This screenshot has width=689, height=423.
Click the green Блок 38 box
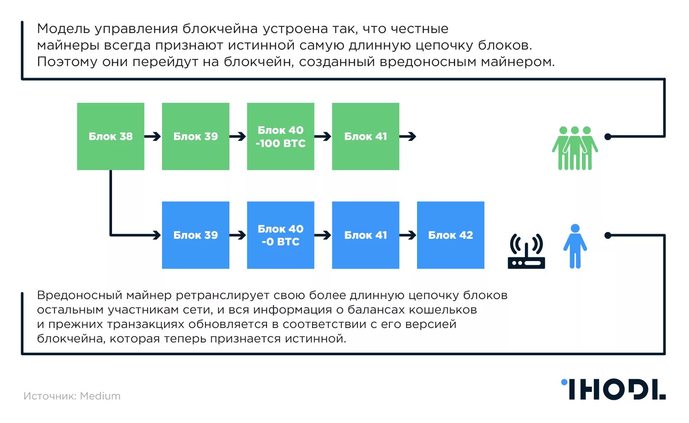[x=110, y=136]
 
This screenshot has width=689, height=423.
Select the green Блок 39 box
[x=195, y=136]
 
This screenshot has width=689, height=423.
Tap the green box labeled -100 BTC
[x=281, y=136]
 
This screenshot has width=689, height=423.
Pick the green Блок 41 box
[x=365, y=136]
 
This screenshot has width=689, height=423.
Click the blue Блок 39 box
[x=195, y=235]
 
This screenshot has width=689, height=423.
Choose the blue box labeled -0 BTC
[x=281, y=235]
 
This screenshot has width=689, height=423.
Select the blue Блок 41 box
[x=365, y=235]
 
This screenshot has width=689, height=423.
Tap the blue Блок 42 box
[x=451, y=235]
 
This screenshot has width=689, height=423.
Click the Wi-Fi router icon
[x=526, y=252]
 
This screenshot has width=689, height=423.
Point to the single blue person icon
[x=575, y=246]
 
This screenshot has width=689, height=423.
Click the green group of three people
[x=575, y=148]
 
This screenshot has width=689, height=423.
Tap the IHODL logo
[x=613, y=389]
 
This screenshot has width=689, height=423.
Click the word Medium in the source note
[x=100, y=396]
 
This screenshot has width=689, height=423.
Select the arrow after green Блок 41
[x=408, y=136]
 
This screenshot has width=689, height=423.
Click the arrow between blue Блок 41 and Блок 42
[x=408, y=235]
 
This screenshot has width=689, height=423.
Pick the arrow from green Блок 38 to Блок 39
[x=153, y=136]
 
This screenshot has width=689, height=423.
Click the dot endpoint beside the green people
[x=608, y=136]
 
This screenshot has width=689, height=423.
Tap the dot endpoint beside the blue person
[x=608, y=235]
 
